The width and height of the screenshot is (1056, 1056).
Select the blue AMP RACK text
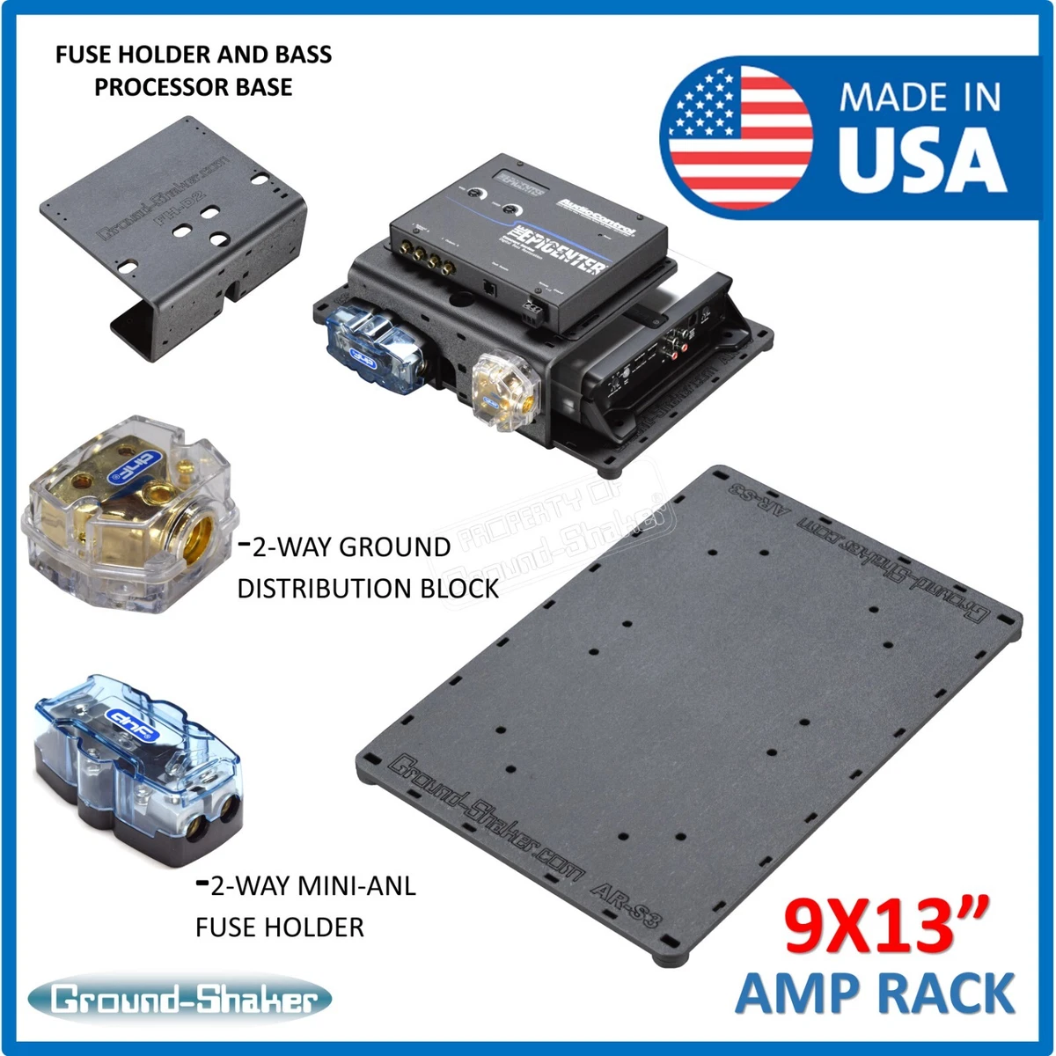point(876,994)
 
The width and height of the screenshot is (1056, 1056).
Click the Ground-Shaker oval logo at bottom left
point(180,1000)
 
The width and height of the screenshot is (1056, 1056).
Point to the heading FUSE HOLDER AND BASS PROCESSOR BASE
point(194,70)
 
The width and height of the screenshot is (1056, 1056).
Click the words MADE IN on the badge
point(920,98)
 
